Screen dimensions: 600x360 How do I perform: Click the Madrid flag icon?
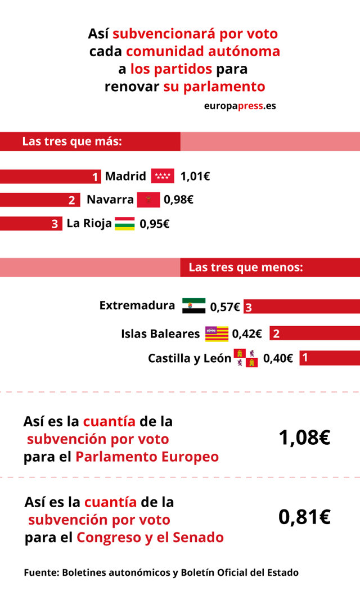[x=163, y=176]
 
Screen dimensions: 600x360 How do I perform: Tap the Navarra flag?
[x=148, y=200]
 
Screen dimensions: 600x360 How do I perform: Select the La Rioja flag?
[x=124, y=223]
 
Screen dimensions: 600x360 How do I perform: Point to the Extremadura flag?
[x=193, y=306]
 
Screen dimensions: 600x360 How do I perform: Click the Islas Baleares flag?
[x=217, y=333]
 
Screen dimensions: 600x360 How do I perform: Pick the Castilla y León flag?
[x=246, y=358]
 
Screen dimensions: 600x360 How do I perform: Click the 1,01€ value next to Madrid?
[x=195, y=177]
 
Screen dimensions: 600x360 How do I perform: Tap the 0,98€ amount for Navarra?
[x=178, y=200]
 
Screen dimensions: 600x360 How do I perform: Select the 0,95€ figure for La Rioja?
[x=154, y=223]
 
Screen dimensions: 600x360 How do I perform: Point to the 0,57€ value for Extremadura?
[x=225, y=307]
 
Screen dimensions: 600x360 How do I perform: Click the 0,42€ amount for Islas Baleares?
[x=247, y=334]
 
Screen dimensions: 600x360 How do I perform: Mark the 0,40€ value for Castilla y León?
[x=278, y=358]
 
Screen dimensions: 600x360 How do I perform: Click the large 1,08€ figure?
[x=304, y=438]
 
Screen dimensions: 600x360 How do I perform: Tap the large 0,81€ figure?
[x=304, y=517]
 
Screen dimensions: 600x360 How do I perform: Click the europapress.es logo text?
[x=240, y=105]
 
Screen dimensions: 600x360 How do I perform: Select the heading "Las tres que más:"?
[x=72, y=142]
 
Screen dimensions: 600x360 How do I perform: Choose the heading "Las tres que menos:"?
[x=246, y=268]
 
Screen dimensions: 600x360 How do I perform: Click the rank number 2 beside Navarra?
[x=71, y=200]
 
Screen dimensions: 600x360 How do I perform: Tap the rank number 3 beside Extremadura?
[x=248, y=307]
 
